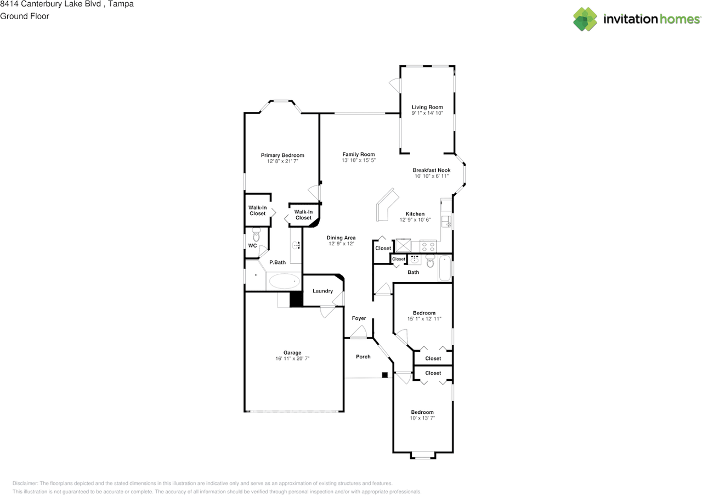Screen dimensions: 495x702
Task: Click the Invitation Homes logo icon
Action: [585, 19]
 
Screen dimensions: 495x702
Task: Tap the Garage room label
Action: [292, 353]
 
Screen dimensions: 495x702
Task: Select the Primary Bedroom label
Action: [282, 155]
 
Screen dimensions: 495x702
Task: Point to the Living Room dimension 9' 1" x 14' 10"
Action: [427, 113]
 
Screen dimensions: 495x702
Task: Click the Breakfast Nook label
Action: [432, 170]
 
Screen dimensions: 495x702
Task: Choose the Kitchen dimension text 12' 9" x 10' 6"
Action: [415, 220]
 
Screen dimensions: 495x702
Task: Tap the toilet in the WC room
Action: [256, 234]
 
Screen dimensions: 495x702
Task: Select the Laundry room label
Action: [322, 291]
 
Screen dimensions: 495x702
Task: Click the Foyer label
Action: [359, 318]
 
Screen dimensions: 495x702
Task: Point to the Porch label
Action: [363, 357]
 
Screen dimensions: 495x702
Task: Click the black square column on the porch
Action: [385, 375]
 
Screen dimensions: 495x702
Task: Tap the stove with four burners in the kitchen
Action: [428, 245]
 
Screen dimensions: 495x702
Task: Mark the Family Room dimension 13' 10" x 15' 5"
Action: [359, 161]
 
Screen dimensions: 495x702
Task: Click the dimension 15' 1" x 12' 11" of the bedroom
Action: [424, 319]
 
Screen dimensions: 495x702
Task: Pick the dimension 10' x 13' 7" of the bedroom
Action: [422, 418]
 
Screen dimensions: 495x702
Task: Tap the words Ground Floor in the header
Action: [25, 16]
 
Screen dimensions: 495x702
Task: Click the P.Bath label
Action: [277, 262]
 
